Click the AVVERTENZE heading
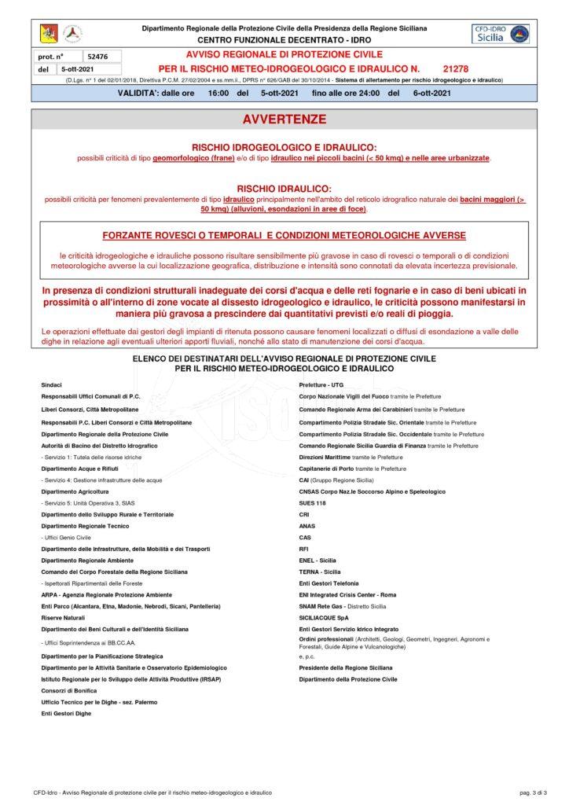coord(284,119)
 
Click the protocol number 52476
coord(98,57)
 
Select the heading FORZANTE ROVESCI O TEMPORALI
coord(284,236)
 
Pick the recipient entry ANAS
coord(307,525)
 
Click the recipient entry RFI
coord(304,548)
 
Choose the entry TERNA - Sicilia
coord(320,572)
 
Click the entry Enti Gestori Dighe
coord(66,713)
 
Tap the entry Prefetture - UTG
coord(321,384)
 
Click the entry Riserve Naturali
coord(61,618)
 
